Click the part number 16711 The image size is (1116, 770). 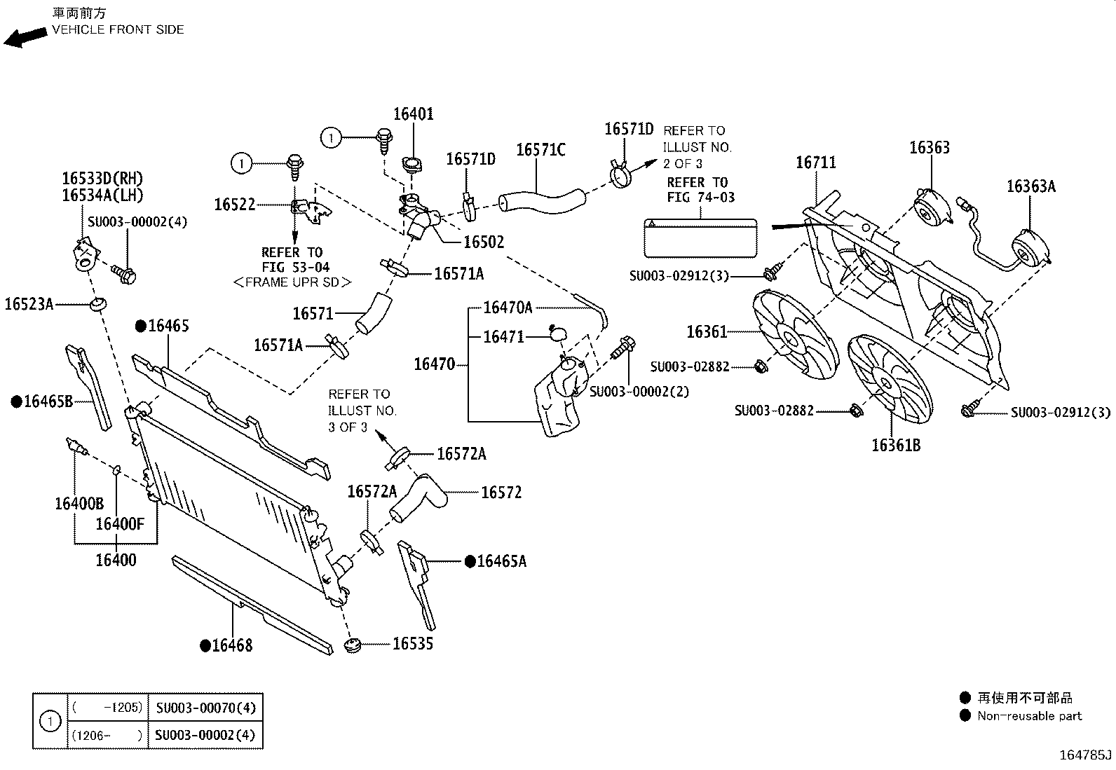click(816, 163)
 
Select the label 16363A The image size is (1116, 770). click(1030, 186)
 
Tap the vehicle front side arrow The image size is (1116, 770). click(25, 37)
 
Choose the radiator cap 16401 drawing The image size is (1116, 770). click(411, 165)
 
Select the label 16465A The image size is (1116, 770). click(501, 561)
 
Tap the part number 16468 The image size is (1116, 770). click(232, 645)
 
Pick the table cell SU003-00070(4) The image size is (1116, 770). click(205, 708)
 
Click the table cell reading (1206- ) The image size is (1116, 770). click(107, 736)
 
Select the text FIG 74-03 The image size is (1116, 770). click(701, 198)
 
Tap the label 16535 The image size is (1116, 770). click(413, 644)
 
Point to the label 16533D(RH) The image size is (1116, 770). click(103, 179)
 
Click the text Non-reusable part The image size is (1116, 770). click(1029, 716)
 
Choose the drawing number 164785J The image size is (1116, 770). click(1085, 755)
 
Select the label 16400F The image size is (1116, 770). click(120, 524)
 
